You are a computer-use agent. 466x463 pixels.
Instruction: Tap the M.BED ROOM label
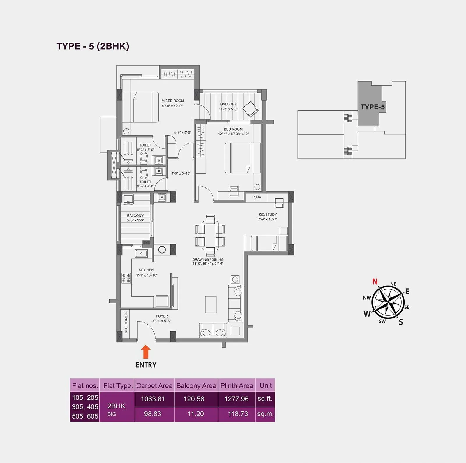pyautogui.click(x=173, y=101)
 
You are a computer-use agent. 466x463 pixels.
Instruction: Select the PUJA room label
pyautogui.click(x=257, y=197)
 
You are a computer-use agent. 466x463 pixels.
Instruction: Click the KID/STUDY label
pyautogui.click(x=268, y=215)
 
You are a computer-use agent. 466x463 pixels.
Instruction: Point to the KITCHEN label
pyautogui.click(x=146, y=270)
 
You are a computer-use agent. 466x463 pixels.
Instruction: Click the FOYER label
pyautogui.click(x=162, y=316)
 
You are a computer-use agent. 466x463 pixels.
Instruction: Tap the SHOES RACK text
pyautogui.click(x=126, y=323)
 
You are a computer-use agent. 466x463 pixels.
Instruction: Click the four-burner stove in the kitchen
pyautogui.click(x=126, y=278)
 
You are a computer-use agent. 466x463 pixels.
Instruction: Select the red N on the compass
pyautogui.click(x=375, y=282)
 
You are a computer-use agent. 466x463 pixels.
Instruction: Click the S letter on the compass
pyautogui.click(x=401, y=322)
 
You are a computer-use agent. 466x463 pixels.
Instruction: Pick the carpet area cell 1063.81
pyautogui.click(x=153, y=399)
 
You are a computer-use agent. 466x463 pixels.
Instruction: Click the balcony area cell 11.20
pyautogui.click(x=196, y=414)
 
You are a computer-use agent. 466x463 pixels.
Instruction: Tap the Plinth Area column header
pyautogui.click(x=236, y=386)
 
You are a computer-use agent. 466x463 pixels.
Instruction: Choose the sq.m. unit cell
pyautogui.click(x=265, y=414)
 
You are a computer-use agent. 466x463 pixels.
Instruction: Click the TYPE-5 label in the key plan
pyautogui.click(x=373, y=107)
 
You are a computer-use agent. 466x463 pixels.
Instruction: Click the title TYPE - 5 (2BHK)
pyautogui.click(x=93, y=46)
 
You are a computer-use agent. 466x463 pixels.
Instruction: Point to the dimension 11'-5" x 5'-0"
pyautogui.click(x=228, y=109)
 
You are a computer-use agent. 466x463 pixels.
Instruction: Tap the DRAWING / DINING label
pyautogui.click(x=208, y=259)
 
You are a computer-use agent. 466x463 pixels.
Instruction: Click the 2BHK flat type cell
pyautogui.click(x=116, y=406)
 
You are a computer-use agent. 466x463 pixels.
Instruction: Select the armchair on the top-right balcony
pyautogui.click(x=250, y=109)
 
